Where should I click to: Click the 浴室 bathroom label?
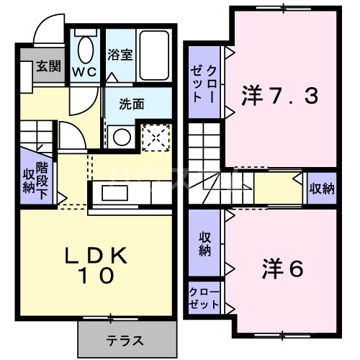[120, 55]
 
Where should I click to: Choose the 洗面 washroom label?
[132, 103]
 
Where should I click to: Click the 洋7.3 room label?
[280, 96]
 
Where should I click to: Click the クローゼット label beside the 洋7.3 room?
[204, 85]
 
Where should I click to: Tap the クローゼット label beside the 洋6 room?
[204, 298]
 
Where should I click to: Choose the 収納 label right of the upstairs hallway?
[322, 189]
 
